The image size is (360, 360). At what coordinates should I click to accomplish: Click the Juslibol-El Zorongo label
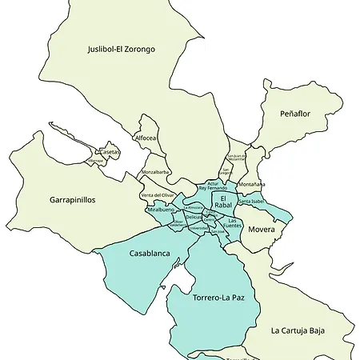pos(122,50)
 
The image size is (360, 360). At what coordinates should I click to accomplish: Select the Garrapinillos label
pos(73,200)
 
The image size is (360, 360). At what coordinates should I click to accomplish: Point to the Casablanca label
pos(150,254)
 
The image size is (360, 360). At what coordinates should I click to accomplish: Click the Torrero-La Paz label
pos(218,298)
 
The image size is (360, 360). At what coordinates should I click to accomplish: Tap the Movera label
pos(261,230)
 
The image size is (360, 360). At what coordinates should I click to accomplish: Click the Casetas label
pos(110,152)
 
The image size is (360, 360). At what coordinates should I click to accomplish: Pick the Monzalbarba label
pos(155,172)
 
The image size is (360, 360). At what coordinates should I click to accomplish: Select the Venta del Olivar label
pos(158,195)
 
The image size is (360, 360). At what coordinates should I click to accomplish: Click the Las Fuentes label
pos(234,223)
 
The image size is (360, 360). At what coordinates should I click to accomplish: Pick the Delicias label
pos(194,217)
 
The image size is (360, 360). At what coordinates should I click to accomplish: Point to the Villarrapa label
pos(96,161)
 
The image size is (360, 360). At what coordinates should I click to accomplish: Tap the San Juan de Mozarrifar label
pos(237,157)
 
